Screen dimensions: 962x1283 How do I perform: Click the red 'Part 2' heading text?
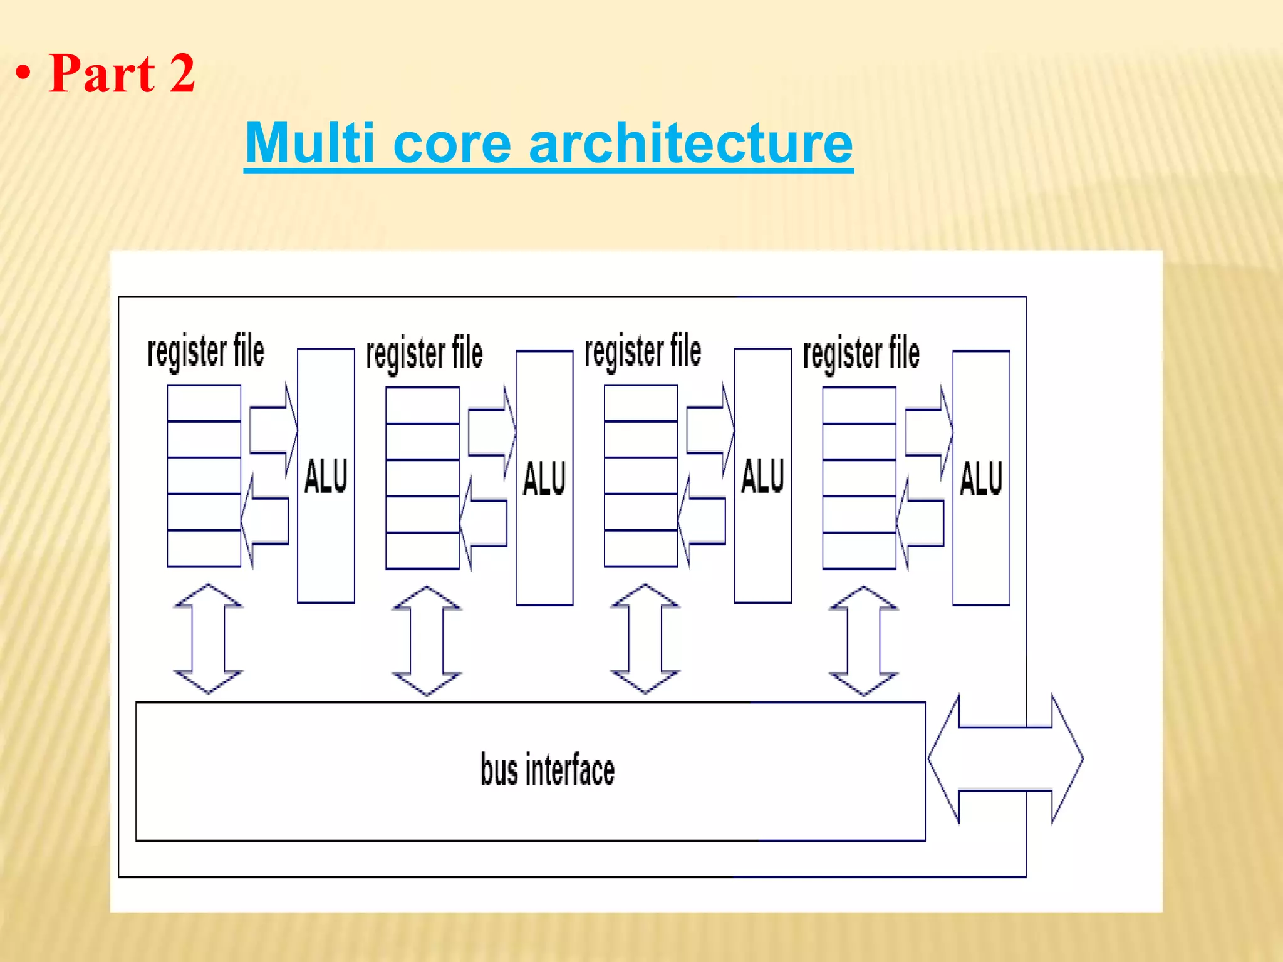click(x=122, y=74)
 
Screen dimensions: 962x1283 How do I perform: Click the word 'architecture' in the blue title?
click(x=690, y=143)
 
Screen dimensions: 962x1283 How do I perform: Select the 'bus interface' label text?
click(x=547, y=770)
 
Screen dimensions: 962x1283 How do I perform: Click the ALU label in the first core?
click(x=326, y=476)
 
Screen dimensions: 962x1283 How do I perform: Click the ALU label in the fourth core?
click(x=981, y=478)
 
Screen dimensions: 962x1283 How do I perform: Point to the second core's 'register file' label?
click(x=424, y=354)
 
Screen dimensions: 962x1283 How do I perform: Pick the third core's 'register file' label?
click(x=643, y=351)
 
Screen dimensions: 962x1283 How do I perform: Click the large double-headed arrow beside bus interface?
click(x=1005, y=758)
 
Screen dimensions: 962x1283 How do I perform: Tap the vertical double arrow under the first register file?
click(x=208, y=639)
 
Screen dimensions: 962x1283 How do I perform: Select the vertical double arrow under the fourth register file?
click(x=863, y=641)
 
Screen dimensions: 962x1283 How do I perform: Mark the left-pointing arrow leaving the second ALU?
click(x=484, y=524)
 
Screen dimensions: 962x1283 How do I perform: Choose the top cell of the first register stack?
click(x=204, y=403)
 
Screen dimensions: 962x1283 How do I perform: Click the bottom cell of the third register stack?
click(x=641, y=549)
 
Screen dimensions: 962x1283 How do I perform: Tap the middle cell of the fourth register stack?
click(x=859, y=478)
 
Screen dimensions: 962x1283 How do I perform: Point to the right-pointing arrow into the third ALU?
click(x=709, y=430)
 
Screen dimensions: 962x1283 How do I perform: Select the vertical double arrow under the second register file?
click(x=427, y=641)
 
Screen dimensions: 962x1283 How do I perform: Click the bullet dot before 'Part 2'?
click(x=23, y=75)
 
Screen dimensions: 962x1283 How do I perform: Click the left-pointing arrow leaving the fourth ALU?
click(x=921, y=524)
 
